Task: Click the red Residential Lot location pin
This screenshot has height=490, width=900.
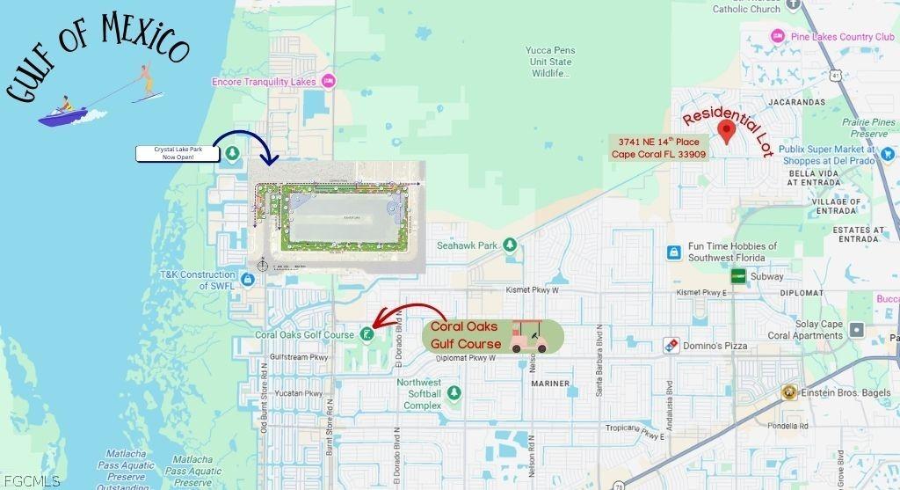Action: tap(726, 132)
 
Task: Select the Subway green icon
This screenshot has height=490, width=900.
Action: tap(738, 276)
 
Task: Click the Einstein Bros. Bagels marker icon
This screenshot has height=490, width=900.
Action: tap(788, 392)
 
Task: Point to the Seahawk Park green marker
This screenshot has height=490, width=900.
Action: tap(509, 245)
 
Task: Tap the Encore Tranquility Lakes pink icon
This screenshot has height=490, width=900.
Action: tap(329, 82)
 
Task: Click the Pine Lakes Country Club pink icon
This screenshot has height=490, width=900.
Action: tap(776, 37)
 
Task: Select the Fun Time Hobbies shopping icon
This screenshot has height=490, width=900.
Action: tap(673, 252)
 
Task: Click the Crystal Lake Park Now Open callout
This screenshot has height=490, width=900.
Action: tap(178, 154)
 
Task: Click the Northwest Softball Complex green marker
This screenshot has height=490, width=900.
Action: tap(454, 392)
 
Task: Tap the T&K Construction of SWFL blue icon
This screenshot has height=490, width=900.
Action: tap(247, 279)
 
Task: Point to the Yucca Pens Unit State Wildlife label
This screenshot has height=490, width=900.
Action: tap(550, 62)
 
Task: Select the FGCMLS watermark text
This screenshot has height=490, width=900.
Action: tap(31, 481)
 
